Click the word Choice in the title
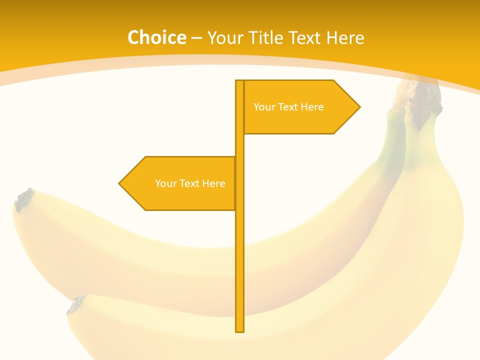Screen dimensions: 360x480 click(x=156, y=37)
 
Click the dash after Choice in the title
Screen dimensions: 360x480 click(x=196, y=38)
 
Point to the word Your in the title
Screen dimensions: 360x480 click(x=225, y=37)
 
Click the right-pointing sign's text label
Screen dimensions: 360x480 click(x=288, y=107)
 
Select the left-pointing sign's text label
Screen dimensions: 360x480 click(x=190, y=183)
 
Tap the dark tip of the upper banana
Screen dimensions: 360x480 click(x=23, y=199)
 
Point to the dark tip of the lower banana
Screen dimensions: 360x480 click(x=76, y=304)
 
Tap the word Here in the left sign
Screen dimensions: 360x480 click(x=213, y=183)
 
